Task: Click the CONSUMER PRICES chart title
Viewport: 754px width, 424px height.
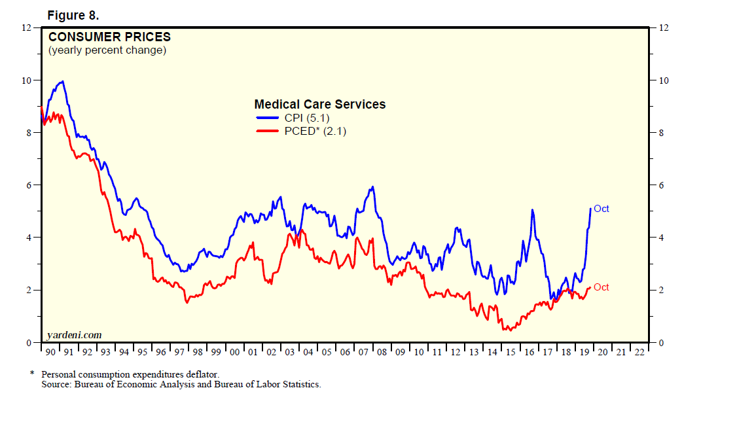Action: pyautogui.click(x=109, y=37)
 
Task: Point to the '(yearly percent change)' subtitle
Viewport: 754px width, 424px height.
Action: pyautogui.click(x=107, y=50)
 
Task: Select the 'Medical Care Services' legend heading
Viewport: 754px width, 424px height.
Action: pyautogui.click(x=319, y=104)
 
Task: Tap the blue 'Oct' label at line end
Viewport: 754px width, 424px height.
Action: pyautogui.click(x=601, y=209)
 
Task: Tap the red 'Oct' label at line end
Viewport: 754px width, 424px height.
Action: pyautogui.click(x=601, y=287)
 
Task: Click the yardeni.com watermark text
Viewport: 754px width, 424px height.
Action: pyautogui.click(x=74, y=335)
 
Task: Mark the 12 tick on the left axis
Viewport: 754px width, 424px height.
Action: pyautogui.click(x=26, y=27)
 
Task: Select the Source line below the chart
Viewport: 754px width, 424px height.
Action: pyautogui.click(x=181, y=384)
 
